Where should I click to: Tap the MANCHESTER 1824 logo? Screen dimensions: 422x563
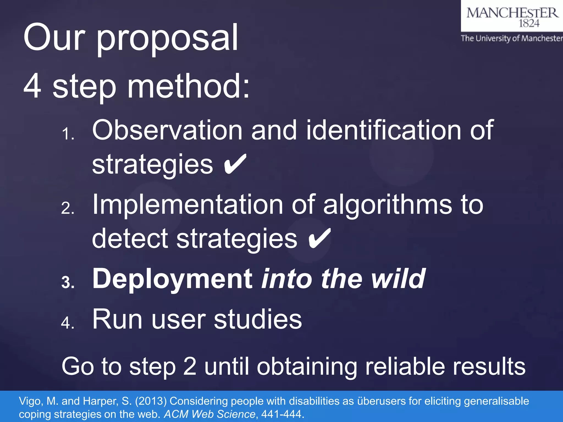point(512,16)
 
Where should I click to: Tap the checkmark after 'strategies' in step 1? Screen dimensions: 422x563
point(235,164)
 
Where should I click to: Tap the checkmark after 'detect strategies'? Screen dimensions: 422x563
point(319,238)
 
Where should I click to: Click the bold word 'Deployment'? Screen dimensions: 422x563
point(172,279)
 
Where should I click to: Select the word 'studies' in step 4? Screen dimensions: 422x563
point(258,319)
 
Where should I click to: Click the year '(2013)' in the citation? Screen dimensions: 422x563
point(151,401)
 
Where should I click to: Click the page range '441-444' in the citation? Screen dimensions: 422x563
point(281,414)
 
